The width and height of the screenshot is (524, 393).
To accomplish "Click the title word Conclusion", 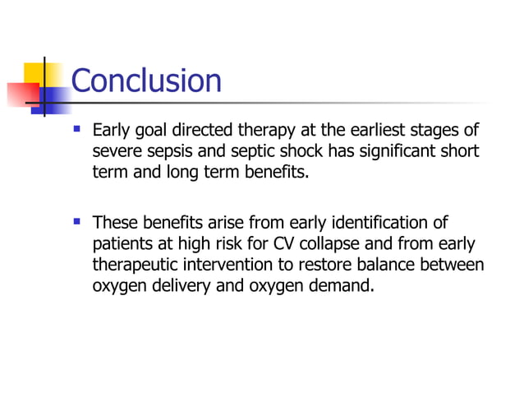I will pos(146,81).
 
